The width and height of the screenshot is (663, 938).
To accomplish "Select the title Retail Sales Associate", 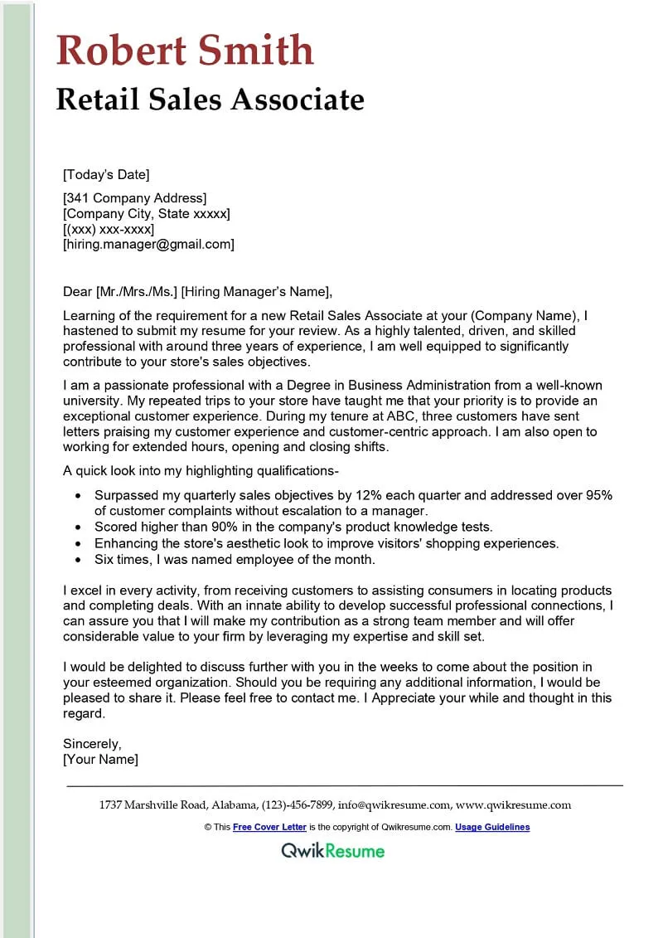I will coord(210,100).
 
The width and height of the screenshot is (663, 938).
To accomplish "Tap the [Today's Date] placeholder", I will coord(106,174).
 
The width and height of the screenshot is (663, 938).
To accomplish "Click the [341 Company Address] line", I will coord(134,197).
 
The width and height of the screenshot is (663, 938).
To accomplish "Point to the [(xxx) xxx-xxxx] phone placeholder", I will coord(109,229).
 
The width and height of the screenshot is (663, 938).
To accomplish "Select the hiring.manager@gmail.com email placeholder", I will coord(148,244).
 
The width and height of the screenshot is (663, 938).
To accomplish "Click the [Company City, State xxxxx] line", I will coord(146,213).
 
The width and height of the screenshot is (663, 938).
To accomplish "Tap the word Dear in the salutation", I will coord(78,291).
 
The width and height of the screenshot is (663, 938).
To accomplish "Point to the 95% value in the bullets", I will coord(597,495).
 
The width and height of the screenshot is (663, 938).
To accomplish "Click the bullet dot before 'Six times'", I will coord(78,559).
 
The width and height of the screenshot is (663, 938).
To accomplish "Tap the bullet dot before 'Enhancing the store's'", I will coord(78,543).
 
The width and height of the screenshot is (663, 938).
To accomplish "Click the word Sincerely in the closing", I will coord(92,743).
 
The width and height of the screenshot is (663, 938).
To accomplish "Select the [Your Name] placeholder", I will coord(100,759).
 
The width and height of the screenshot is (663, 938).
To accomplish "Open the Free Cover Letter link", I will coord(269,827).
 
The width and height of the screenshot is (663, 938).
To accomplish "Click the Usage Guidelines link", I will coord(492,827).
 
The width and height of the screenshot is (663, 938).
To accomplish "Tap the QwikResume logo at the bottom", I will coord(332,850).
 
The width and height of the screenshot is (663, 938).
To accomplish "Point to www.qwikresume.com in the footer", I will coord(513,804).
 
